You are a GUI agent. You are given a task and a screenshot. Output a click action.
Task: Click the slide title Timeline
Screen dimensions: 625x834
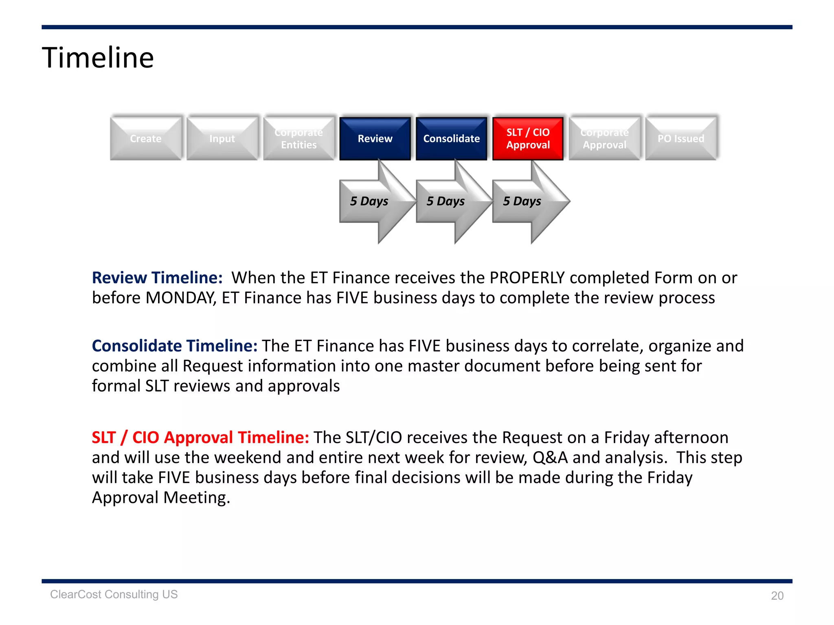tap(98, 58)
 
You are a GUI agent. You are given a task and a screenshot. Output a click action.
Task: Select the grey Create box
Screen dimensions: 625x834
tap(145, 138)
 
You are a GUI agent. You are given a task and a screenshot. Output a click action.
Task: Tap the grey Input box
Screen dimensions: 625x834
tap(222, 138)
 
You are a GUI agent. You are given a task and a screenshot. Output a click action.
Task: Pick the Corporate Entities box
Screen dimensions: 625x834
tap(298, 138)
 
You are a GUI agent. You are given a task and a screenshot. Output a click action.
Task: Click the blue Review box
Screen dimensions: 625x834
tap(375, 138)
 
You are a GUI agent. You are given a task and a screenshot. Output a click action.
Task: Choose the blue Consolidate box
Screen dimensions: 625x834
tap(451, 138)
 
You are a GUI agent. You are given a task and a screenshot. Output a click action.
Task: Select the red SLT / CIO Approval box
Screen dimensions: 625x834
tap(528, 138)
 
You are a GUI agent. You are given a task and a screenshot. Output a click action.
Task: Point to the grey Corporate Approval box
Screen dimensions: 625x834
tap(604, 138)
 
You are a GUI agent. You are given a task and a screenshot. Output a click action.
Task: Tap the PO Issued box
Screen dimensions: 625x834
tap(681, 138)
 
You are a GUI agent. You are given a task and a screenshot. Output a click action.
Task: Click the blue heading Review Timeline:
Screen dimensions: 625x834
tap(157, 278)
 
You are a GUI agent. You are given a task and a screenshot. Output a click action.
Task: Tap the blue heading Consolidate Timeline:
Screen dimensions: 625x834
tap(174, 346)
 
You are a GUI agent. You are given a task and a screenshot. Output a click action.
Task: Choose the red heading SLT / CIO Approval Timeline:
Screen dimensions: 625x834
tap(200, 437)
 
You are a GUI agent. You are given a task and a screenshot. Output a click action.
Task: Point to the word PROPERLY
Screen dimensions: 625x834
tap(527, 278)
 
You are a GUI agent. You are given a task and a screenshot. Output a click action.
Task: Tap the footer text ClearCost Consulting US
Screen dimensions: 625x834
tap(114, 594)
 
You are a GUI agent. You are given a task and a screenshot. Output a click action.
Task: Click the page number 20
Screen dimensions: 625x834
tap(777, 596)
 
